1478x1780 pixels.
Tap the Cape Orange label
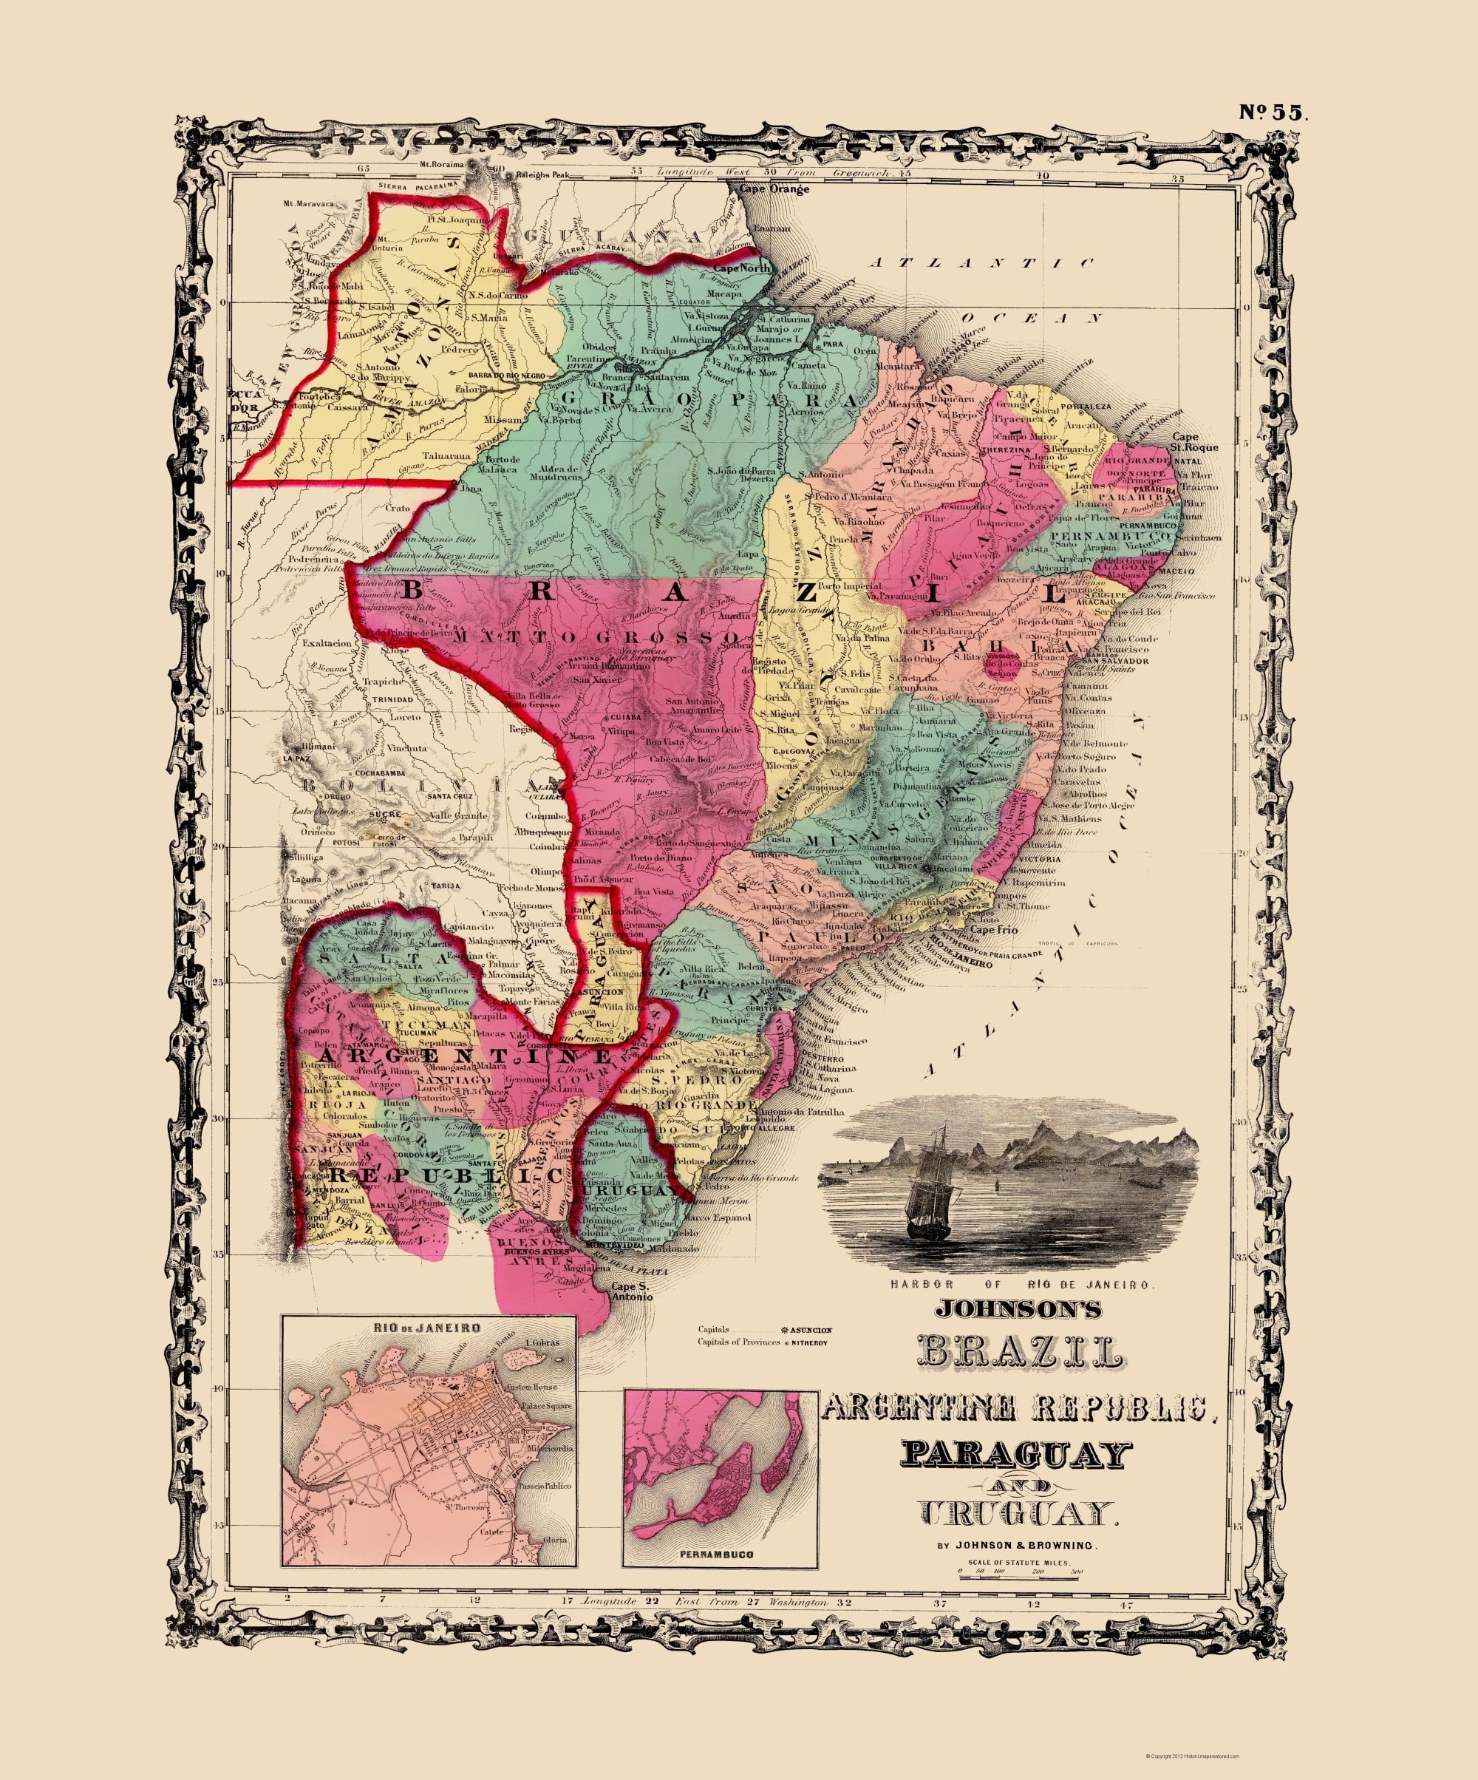click(774, 190)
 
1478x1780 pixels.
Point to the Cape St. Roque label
click(1195, 441)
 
